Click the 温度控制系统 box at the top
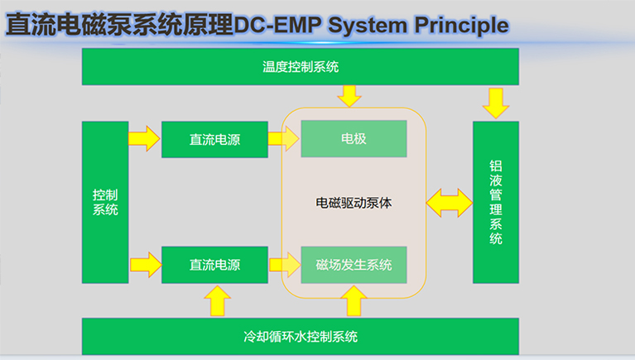(x=300, y=67)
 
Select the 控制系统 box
(x=105, y=202)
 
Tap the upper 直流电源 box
(x=214, y=139)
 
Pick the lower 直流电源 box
(x=214, y=265)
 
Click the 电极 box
(x=354, y=139)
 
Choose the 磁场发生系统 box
(x=354, y=265)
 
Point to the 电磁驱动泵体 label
(x=354, y=202)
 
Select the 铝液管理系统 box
(x=495, y=202)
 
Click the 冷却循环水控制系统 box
(x=300, y=336)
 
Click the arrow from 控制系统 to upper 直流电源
(x=144, y=138)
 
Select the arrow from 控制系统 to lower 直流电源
(x=144, y=265)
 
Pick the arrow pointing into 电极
(x=284, y=138)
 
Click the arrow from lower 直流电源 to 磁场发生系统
(x=284, y=265)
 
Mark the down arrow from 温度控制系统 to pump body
(x=349, y=95)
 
